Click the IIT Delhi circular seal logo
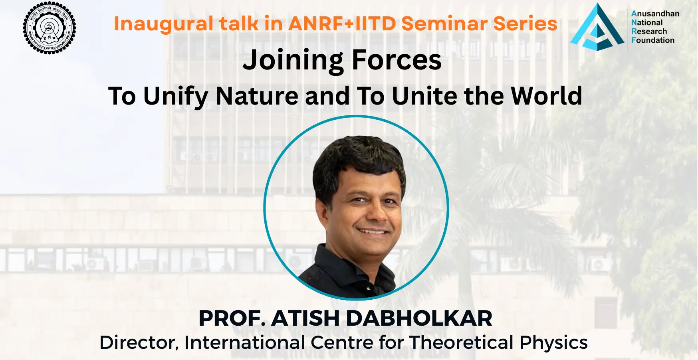(50, 28)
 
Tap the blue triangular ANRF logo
(597, 27)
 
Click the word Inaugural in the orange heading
(164, 24)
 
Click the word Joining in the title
(293, 61)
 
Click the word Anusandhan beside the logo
(655, 14)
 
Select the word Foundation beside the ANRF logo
(653, 40)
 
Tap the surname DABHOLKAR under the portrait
(419, 318)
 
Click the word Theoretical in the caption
(461, 342)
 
